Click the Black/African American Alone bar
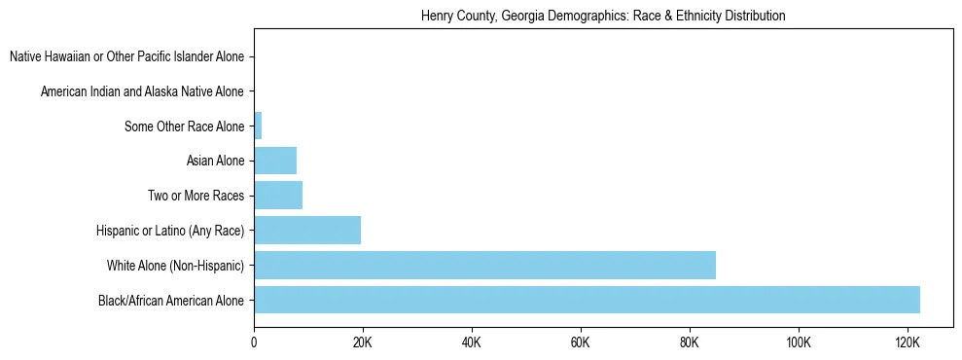point(587,300)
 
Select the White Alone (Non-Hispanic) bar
point(484,265)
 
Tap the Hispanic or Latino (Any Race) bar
point(307,231)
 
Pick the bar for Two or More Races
point(278,196)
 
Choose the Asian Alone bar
point(275,161)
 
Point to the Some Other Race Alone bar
point(258,126)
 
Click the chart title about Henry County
point(603,17)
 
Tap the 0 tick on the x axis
point(254,342)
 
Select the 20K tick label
point(363,342)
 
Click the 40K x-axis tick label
point(472,342)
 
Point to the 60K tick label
point(581,342)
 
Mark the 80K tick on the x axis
point(690,342)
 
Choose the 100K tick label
point(799,342)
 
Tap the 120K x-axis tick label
point(908,342)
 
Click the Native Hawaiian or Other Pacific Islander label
point(126,56)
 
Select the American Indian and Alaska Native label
point(142,91)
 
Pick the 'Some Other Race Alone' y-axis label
point(185,126)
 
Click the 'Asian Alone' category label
point(215,161)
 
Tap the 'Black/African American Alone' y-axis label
point(171,301)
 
